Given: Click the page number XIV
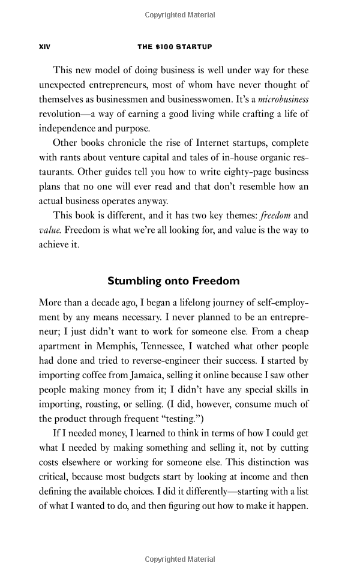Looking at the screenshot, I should click(x=44, y=46).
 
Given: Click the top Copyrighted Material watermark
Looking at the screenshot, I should click(x=179, y=13).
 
